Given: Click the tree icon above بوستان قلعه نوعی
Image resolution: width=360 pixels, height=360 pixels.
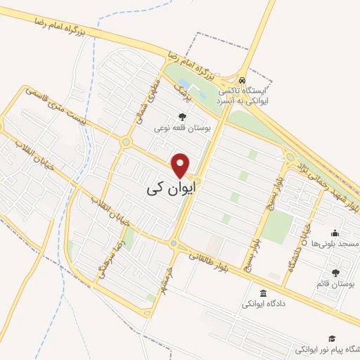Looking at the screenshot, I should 183,117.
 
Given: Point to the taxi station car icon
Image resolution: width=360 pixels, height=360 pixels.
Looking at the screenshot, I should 242,80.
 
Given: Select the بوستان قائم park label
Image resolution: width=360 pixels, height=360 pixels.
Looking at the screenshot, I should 334,283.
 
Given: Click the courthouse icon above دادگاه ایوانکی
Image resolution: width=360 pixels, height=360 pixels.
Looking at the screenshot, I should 263,294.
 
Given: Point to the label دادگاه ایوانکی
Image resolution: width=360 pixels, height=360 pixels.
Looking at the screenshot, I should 263,304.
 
